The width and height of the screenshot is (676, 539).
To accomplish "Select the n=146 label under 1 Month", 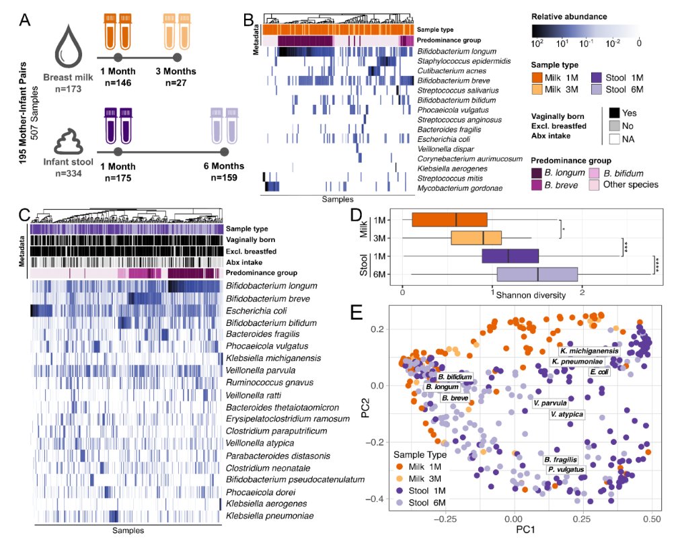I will tap(118, 83).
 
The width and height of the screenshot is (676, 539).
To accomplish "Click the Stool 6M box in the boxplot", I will tap(537, 274).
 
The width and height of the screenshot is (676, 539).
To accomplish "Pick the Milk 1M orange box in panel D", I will tap(449, 220).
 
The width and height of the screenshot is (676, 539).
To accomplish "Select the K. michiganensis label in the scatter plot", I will tap(589, 351).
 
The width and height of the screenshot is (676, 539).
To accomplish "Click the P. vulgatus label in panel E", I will tap(566, 469).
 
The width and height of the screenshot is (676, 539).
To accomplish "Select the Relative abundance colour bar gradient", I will tap(585, 31).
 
